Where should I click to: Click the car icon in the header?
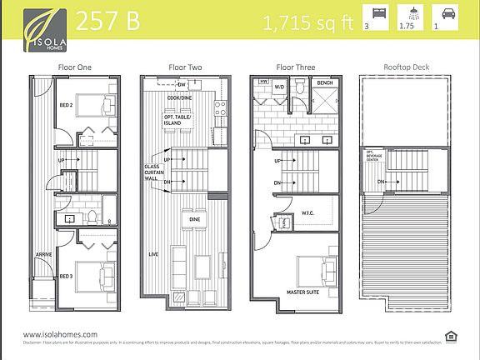[x=447, y=13]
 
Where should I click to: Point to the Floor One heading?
[x=74, y=66]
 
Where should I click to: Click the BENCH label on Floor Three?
[x=324, y=84]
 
